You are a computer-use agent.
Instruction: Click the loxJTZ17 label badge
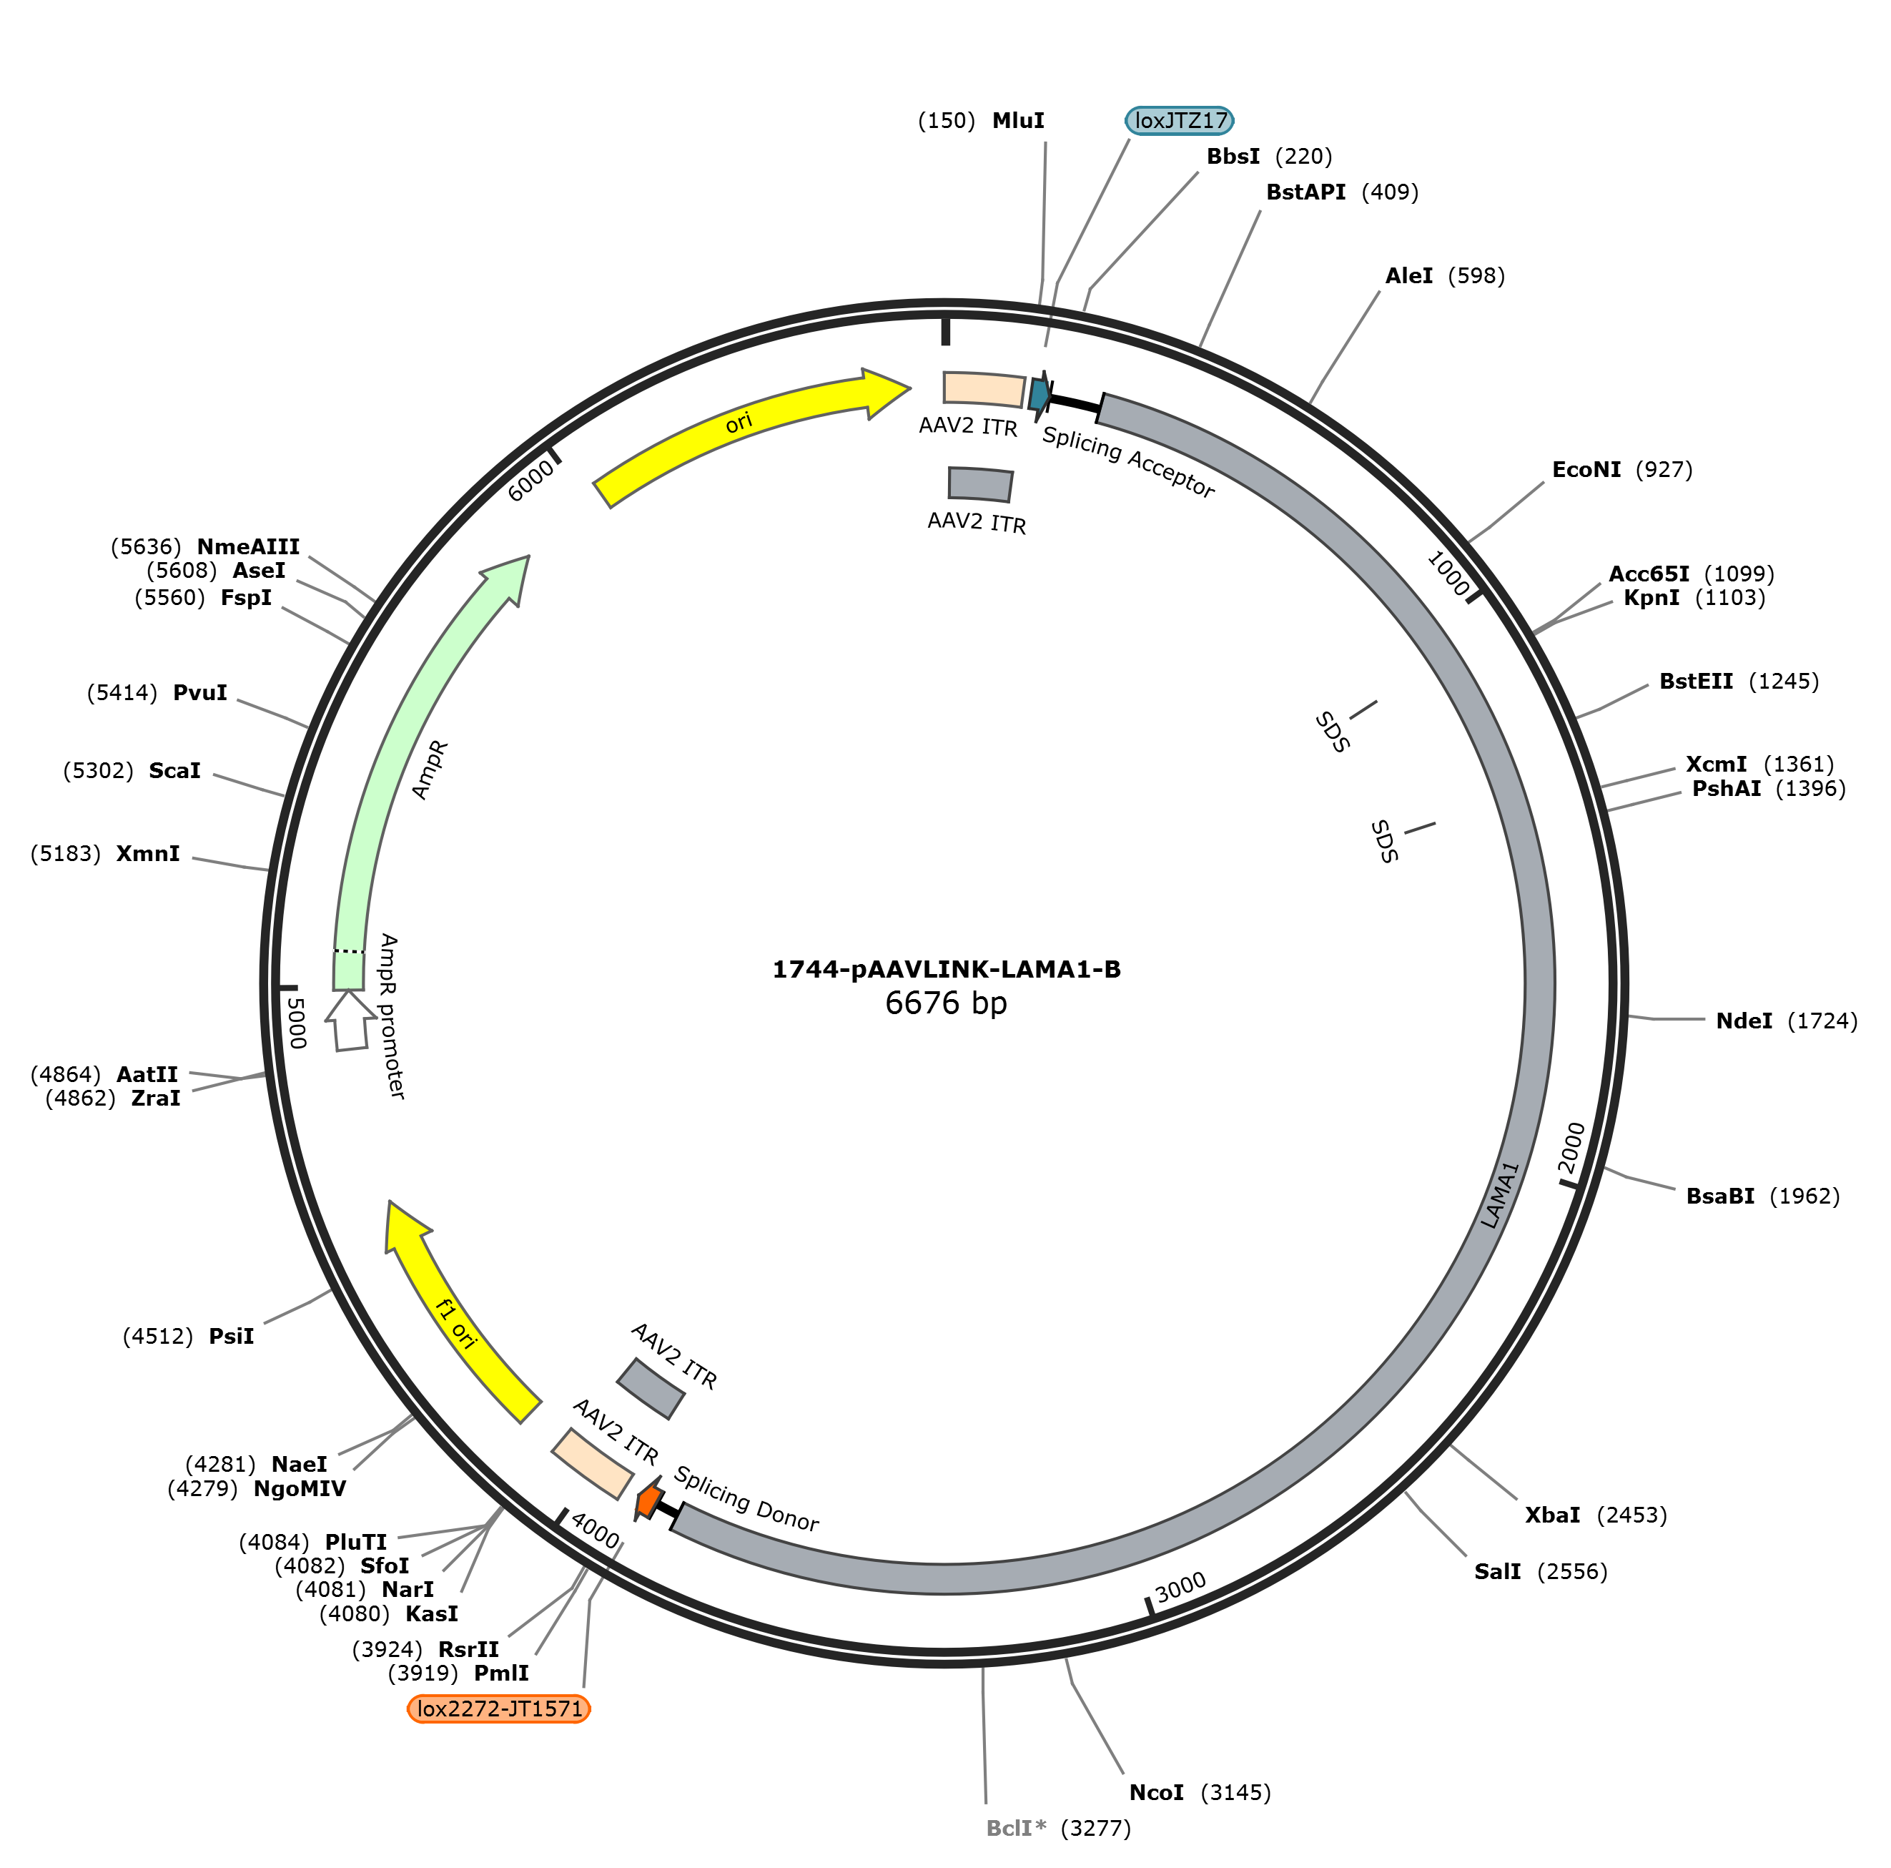1180,120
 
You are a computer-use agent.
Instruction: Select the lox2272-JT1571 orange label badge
499,1709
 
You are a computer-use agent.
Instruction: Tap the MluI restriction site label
1018,120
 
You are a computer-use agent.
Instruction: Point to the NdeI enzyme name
1744,1021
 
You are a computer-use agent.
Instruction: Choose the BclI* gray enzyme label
1016,1828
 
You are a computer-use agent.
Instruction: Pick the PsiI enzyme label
231,1337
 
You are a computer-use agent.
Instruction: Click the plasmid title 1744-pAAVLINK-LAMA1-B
947,969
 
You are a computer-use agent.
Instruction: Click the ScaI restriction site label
174,770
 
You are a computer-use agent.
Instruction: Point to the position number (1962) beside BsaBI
1804,1196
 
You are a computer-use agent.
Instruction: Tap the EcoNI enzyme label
1586,469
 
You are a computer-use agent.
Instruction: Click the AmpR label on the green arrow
430,770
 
